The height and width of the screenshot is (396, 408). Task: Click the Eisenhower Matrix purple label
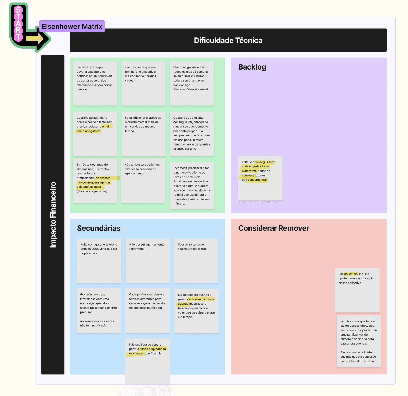(72, 26)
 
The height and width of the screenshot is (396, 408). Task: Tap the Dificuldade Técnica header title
(228, 40)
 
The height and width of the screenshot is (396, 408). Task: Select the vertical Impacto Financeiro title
(53, 215)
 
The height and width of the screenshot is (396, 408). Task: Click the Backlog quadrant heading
(252, 67)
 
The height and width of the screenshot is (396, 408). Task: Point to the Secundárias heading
(99, 228)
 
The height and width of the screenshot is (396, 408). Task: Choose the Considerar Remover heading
(274, 228)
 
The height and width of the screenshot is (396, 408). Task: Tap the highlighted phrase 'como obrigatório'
(88, 131)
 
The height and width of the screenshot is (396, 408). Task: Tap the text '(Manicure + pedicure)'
(92, 191)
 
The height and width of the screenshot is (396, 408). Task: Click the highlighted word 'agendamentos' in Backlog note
(256, 180)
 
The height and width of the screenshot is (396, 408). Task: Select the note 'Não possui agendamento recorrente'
(148, 261)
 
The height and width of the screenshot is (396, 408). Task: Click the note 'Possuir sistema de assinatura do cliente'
(196, 261)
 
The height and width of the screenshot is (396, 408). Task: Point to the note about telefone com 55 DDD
(99, 261)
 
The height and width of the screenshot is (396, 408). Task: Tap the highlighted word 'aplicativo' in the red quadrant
(351, 274)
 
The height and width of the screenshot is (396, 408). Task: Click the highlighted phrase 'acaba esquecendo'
(153, 349)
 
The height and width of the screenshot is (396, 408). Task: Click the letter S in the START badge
(18, 10)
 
